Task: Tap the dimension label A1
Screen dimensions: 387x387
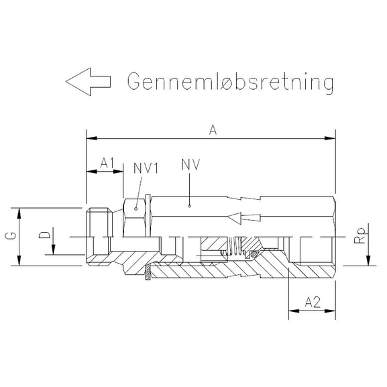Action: pos(108,163)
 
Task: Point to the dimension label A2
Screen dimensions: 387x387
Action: pos(311,302)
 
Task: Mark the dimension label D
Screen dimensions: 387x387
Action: pos(43,235)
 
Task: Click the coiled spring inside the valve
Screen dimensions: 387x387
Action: pos(233,249)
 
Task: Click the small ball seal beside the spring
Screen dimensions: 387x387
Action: pos(253,254)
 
